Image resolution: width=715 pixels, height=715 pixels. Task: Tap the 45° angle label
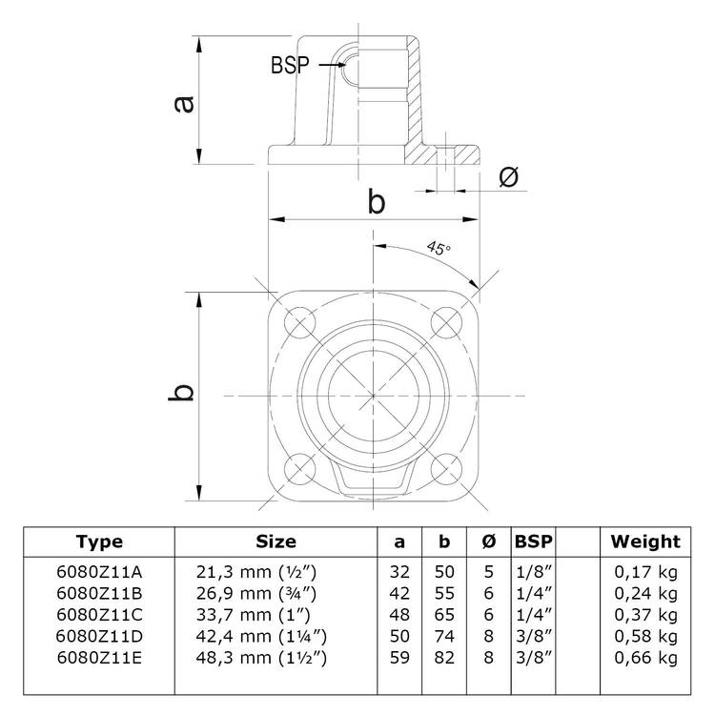pyautogui.click(x=438, y=249)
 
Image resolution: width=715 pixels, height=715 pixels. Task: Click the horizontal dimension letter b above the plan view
pyautogui.click(x=377, y=201)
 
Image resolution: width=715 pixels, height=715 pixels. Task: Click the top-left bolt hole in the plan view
pyautogui.click(x=299, y=321)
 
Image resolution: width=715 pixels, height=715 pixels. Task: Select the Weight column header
pyautogui.click(x=645, y=542)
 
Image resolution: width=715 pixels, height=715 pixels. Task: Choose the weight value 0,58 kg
pyautogui.click(x=646, y=637)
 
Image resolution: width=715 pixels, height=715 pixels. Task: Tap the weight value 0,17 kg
pyautogui.click(x=646, y=571)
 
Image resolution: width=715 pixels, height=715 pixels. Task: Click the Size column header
pyautogui.click(x=276, y=542)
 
